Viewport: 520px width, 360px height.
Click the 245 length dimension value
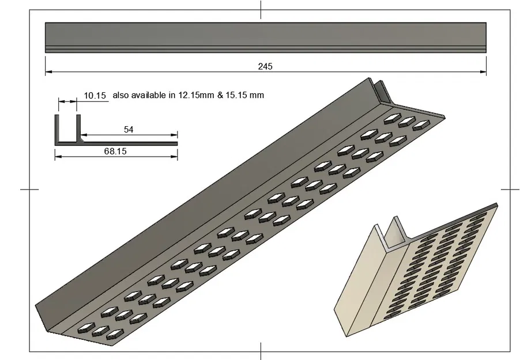pyautogui.click(x=265, y=67)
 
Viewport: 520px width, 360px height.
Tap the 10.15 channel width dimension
pyautogui.click(x=95, y=96)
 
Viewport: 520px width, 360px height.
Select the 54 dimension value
pyautogui.click(x=129, y=130)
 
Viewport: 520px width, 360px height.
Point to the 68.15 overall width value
pyautogui.click(x=115, y=151)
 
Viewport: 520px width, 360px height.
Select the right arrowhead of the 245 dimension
pyautogui.click(x=483, y=71)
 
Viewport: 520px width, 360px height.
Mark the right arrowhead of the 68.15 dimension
pyautogui.click(x=174, y=156)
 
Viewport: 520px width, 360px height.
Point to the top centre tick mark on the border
pyautogui.click(x=261, y=10)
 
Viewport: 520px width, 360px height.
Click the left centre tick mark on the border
pyautogui.click(x=29, y=190)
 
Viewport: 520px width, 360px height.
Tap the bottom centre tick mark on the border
pyautogui.click(x=261, y=351)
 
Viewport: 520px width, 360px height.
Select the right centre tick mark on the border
pyautogui.click(x=510, y=190)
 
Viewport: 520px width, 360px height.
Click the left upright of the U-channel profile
pyautogui.click(x=56, y=129)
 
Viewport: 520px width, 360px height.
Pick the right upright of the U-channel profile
pyautogui.click(x=78, y=128)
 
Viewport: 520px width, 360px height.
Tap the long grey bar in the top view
pyautogui.click(x=266, y=37)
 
